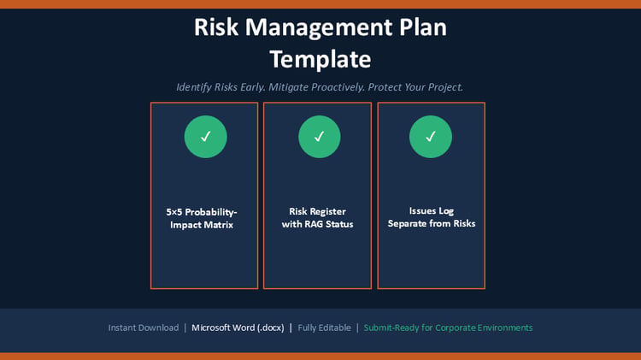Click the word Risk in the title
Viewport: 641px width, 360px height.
click(216, 27)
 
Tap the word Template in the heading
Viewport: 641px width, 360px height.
click(320, 60)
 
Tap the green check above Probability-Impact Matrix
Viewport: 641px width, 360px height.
click(206, 137)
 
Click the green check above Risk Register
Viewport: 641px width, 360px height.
click(320, 137)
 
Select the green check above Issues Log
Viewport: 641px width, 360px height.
click(431, 137)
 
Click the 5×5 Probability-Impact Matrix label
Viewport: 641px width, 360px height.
click(202, 218)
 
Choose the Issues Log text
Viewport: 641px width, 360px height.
click(432, 211)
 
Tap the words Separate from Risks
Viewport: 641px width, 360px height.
click(432, 223)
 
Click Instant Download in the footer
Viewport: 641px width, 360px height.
click(144, 328)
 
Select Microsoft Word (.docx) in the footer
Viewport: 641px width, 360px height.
click(238, 328)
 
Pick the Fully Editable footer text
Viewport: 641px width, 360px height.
click(324, 328)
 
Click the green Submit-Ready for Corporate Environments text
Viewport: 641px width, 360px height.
click(448, 328)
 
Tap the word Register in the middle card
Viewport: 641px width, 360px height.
click(328, 211)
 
